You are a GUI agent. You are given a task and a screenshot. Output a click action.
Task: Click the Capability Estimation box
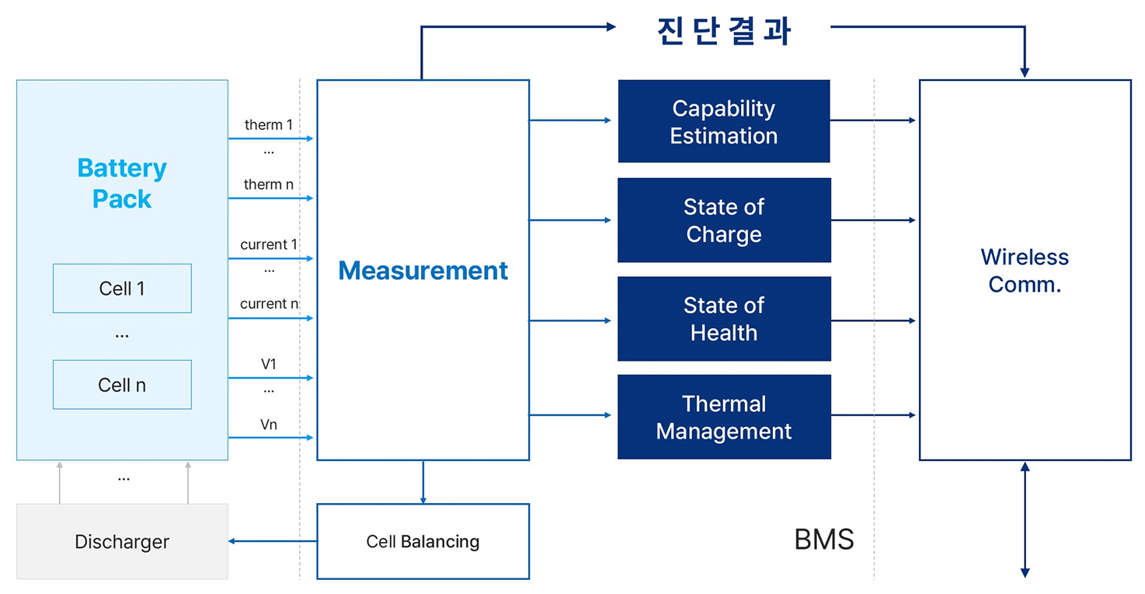723,121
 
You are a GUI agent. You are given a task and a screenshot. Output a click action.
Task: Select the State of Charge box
723,220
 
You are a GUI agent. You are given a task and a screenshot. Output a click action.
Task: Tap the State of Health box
723,319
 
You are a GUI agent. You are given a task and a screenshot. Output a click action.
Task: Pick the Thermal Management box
723,417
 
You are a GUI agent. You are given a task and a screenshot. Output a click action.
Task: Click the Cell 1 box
122,288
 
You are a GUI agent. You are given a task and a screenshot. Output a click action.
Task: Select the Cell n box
122,385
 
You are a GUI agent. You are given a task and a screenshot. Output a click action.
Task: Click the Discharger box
122,541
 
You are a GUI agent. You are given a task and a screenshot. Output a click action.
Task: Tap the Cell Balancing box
423,541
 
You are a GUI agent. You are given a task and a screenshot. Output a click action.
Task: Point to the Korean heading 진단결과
723,31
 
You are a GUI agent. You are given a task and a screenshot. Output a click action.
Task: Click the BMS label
823,540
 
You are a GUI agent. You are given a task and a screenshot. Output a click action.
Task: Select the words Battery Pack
122,183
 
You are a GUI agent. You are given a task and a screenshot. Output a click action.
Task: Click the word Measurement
423,271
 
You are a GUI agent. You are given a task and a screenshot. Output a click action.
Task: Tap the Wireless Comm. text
1024,271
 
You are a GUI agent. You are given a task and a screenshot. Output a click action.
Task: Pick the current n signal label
269,304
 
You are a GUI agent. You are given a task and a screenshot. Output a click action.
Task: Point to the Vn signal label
268,425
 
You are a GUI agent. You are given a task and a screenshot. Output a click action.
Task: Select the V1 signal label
269,364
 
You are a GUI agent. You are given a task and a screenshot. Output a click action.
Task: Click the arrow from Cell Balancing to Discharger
272,541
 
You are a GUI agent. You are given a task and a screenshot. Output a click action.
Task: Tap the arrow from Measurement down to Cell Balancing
423,482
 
